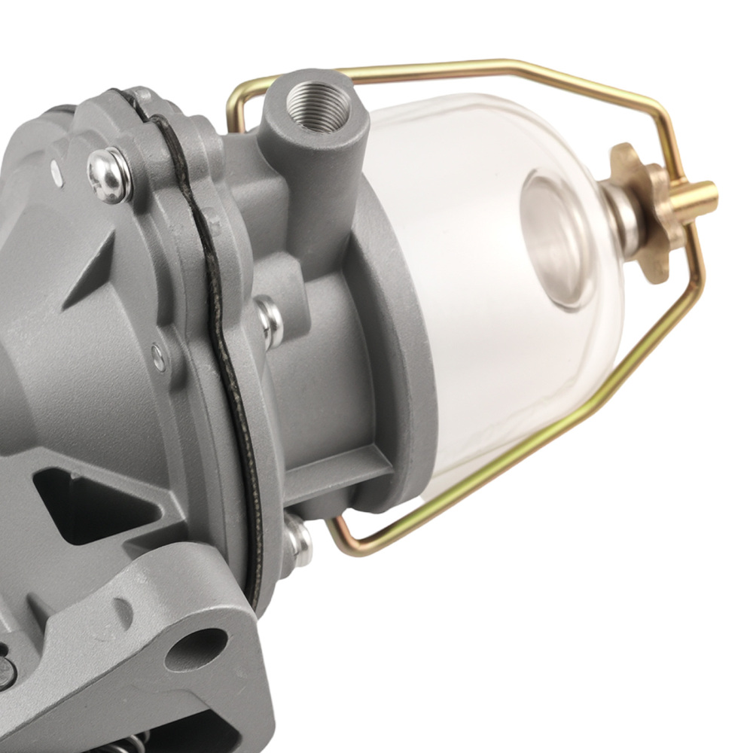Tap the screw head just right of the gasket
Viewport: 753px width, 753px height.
269,320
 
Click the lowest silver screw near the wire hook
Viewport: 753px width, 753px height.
297,539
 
